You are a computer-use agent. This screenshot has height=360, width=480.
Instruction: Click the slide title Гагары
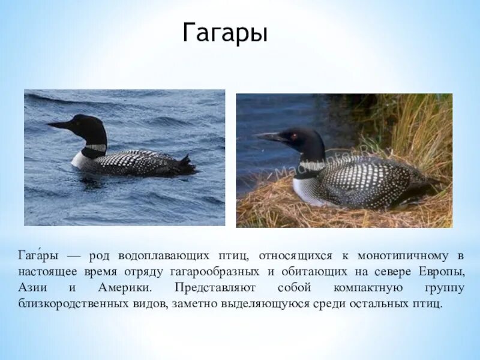tap(225, 34)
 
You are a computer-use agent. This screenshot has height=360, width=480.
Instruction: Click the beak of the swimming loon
tap(59, 125)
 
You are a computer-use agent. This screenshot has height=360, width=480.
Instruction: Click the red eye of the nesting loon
tap(294, 136)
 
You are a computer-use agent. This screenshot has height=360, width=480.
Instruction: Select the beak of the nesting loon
tap(270, 137)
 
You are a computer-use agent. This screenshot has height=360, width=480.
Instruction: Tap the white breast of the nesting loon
tap(305, 191)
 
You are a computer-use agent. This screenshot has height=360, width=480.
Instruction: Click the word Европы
tap(443, 272)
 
